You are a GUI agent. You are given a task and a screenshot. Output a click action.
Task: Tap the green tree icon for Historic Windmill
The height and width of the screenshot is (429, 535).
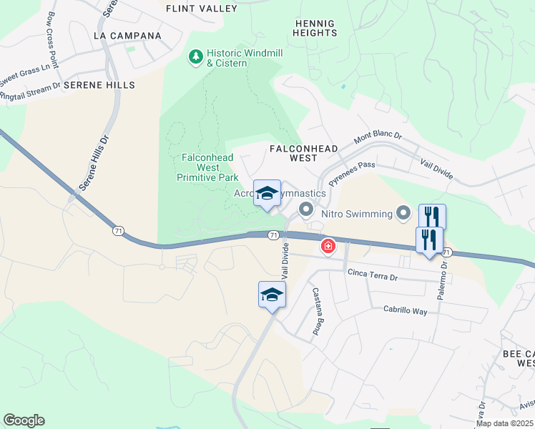pyautogui.click(x=195, y=55)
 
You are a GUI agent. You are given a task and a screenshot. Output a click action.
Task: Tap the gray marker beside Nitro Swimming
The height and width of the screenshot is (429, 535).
pyautogui.click(x=403, y=213)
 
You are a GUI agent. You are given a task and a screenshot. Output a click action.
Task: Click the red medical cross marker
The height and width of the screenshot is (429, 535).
pyautogui.click(x=328, y=247)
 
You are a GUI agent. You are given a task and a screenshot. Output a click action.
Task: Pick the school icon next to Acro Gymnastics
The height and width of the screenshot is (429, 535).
pyautogui.click(x=267, y=194)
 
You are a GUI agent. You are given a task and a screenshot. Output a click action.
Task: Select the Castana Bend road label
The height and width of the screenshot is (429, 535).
pyautogui.click(x=315, y=312)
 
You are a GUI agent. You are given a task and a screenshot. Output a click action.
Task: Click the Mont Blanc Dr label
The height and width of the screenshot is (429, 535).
pyautogui.click(x=378, y=134)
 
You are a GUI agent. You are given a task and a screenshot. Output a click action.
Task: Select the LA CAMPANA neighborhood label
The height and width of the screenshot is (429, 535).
pyautogui.click(x=128, y=35)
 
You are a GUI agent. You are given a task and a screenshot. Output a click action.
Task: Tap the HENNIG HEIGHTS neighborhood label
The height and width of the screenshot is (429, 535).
pyautogui.click(x=315, y=28)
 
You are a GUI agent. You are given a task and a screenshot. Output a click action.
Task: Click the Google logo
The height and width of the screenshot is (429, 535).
pyautogui.click(x=24, y=420)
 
